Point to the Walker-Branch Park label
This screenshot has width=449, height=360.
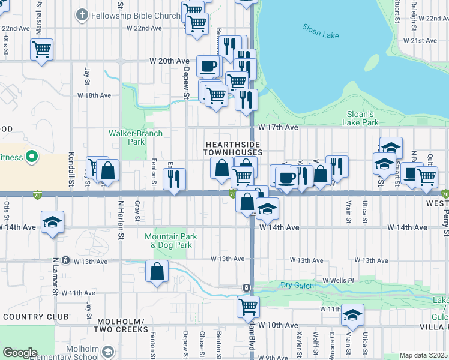click(x=127, y=137)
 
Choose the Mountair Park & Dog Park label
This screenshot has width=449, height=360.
click(x=169, y=241)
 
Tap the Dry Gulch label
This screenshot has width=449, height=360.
click(x=297, y=285)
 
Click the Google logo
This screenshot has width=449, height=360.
click(x=20, y=352)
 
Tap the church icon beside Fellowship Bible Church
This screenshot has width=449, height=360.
click(x=81, y=14)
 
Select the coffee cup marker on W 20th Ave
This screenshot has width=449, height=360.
click(x=208, y=67)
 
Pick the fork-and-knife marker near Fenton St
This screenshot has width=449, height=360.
click(x=175, y=179)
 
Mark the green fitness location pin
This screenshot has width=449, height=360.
click(x=31, y=158)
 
